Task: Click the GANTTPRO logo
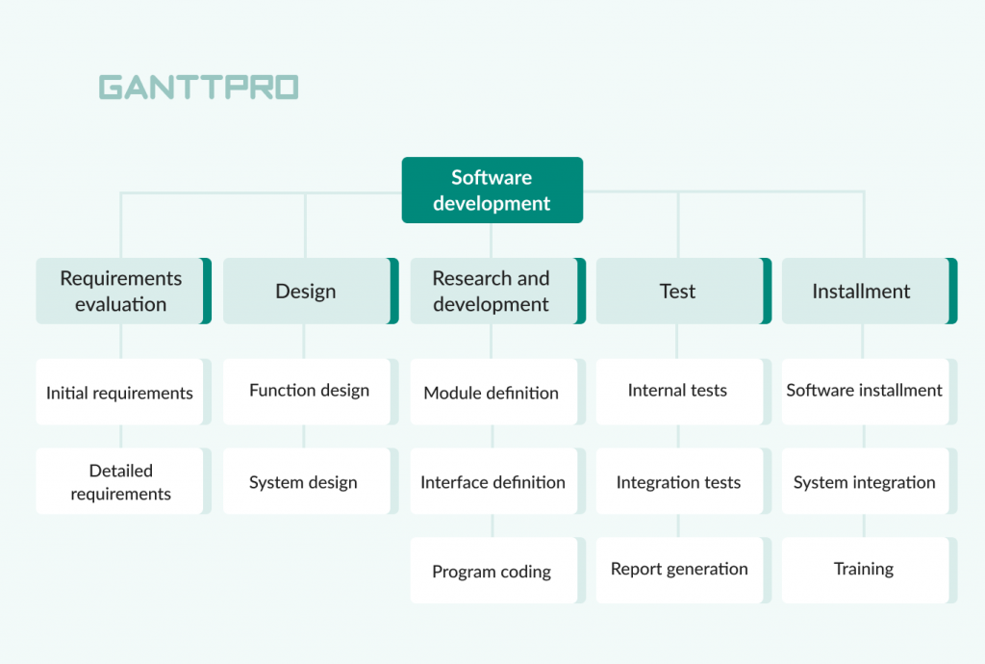(x=198, y=88)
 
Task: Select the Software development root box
(x=492, y=191)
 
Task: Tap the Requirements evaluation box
(x=124, y=291)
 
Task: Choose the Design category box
(x=311, y=291)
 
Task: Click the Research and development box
(x=498, y=291)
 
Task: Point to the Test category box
(x=684, y=291)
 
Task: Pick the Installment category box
(x=870, y=291)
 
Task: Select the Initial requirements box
(x=124, y=392)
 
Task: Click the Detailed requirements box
(x=124, y=481)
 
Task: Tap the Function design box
(x=311, y=392)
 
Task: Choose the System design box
(x=311, y=481)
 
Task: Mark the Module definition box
(x=498, y=392)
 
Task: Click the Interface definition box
(x=498, y=481)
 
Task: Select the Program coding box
(x=498, y=571)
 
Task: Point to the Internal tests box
(x=684, y=392)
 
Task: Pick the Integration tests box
(x=684, y=481)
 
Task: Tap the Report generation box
(x=684, y=571)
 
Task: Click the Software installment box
(x=870, y=392)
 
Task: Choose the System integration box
(x=870, y=481)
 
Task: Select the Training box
(x=870, y=571)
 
